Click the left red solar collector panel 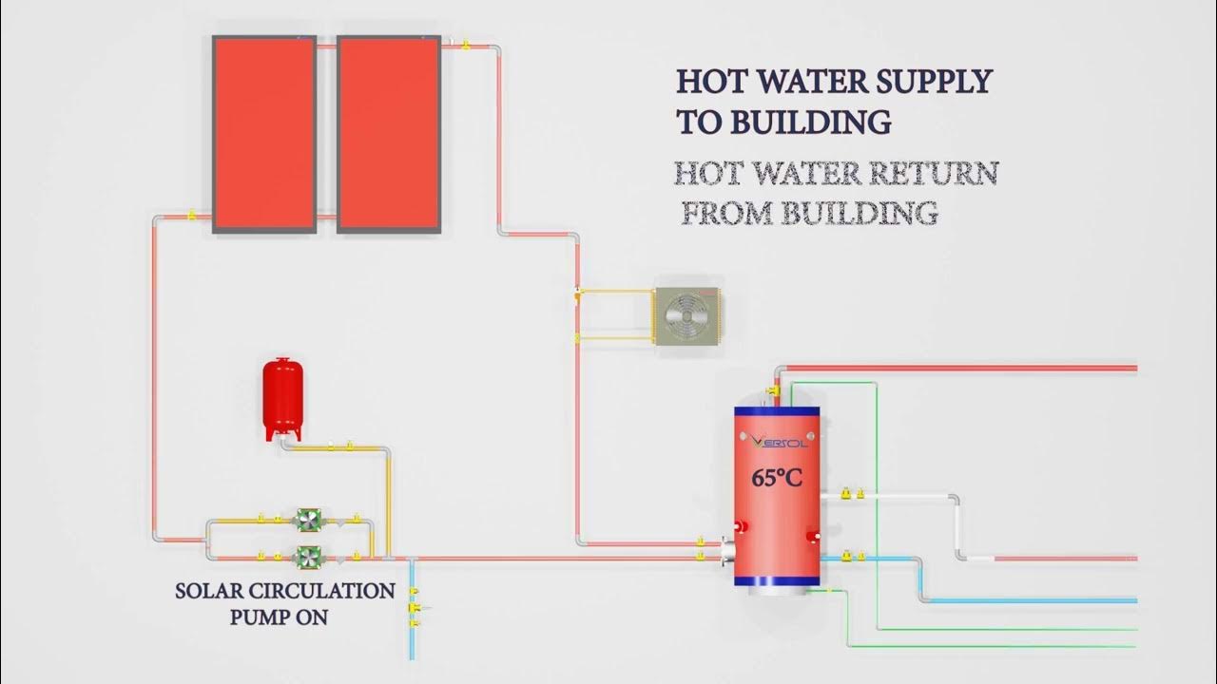(264, 134)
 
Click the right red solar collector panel (388, 134)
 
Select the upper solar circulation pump (309, 519)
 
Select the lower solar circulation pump (309, 557)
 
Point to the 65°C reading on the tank (777, 477)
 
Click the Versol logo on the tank (777, 441)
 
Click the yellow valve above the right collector (464, 44)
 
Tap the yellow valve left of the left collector (191, 216)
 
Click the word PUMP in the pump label (259, 617)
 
